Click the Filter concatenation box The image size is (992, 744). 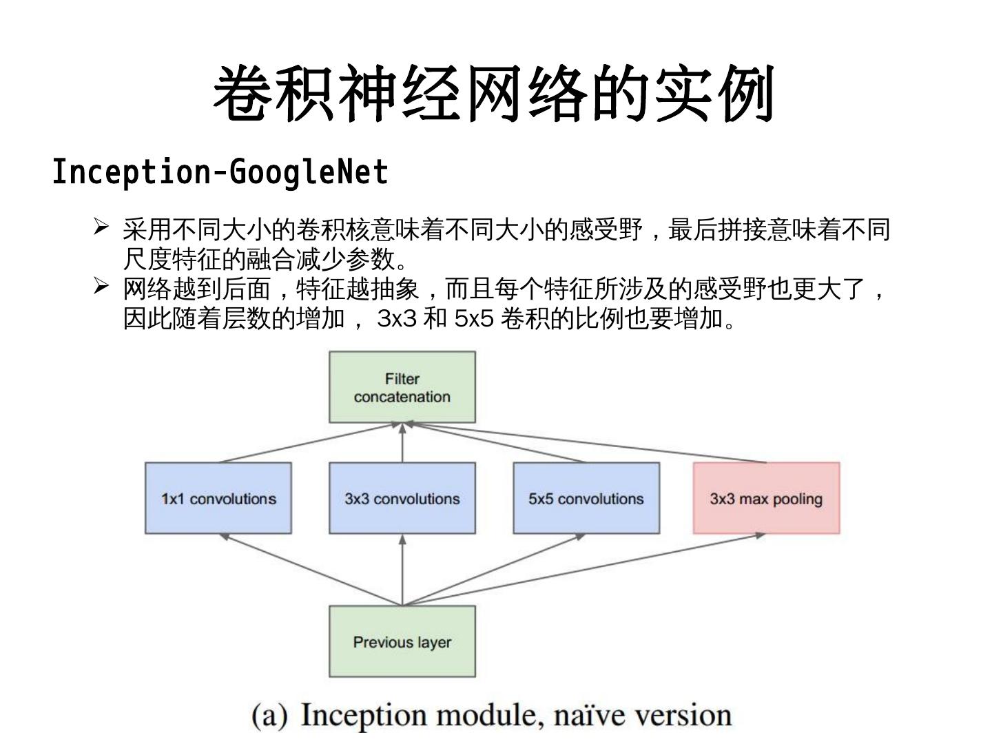coord(402,387)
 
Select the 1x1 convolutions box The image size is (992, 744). coord(218,498)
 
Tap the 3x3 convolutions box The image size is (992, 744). coord(402,498)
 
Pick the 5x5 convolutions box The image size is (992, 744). coord(586,498)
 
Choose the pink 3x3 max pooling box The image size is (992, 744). coord(766,498)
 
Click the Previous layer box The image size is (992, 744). coord(402,641)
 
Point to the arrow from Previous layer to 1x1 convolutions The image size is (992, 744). coord(310,570)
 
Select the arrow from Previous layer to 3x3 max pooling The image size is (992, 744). coord(586,570)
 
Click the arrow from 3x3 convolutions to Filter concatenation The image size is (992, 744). coord(402,442)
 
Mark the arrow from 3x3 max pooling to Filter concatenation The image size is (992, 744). coord(586,442)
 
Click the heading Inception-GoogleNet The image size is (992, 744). coord(220,172)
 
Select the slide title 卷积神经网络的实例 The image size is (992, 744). coord(495,94)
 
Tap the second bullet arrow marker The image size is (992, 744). coord(101,285)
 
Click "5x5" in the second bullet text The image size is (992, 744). coord(475,319)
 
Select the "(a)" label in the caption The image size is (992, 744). coord(269,715)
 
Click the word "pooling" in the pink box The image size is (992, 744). coord(797,499)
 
